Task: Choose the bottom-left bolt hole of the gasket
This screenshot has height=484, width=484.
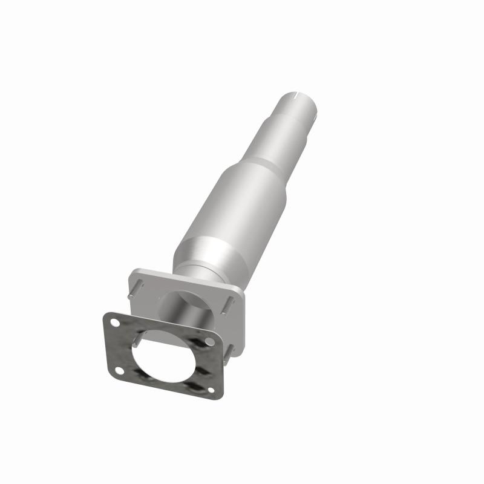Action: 119,370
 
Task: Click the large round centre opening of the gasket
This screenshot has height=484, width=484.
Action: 163,357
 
